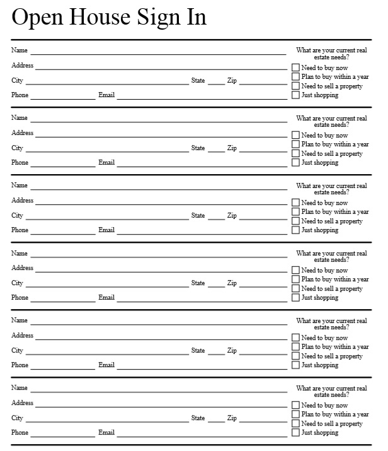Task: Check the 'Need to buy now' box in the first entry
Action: [x=295, y=67]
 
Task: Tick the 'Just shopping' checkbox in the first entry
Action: [x=295, y=95]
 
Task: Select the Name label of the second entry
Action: [x=20, y=118]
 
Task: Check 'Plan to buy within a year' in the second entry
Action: [x=295, y=144]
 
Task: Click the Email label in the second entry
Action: [x=106, y=163]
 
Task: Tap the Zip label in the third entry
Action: [x=232, y=216]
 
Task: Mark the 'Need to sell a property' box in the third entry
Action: [x=295, y=221]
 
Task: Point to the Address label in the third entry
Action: [x=22, y=201]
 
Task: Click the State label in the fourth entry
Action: [x=198, y=283]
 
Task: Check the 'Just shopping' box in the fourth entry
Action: [x=295, y=298]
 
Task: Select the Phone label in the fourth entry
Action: [x=20, y=298]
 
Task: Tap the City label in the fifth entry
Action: [x=17, y=351]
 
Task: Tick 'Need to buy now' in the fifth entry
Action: [x=295, y=338]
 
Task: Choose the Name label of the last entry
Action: [x=20, y=388]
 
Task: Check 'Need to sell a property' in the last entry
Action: [x=295, y=424]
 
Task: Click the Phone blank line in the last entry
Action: [x=62, y=435]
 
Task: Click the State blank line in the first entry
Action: [x=216, y=83]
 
